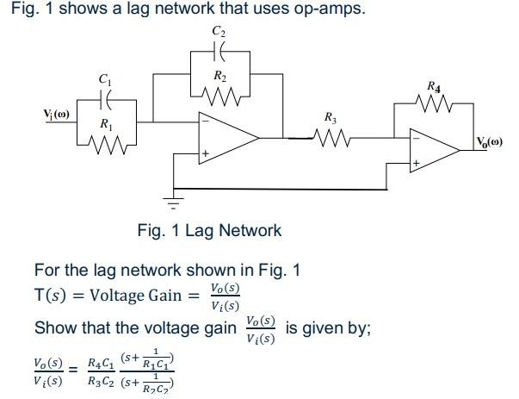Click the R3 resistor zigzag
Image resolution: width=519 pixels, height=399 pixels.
click(331, 136)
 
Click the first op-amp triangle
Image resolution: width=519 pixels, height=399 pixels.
click(226, 137)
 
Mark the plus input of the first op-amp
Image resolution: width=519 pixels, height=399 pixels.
click(206, 154)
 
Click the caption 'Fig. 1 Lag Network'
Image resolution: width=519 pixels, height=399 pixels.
click(209, 231)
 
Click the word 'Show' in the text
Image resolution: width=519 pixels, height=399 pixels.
click(54, 329)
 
